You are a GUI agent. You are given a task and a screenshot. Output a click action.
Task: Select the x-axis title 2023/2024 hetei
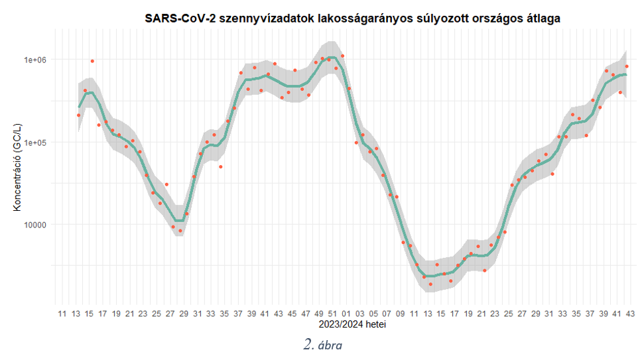352,325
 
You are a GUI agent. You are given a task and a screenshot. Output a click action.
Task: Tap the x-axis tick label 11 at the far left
62,314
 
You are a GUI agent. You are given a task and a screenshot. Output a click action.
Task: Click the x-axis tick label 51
332,314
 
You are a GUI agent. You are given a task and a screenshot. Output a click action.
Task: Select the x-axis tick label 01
346,314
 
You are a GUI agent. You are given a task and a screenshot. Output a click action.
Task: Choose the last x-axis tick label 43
628,314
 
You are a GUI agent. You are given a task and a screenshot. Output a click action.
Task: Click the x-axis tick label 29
184,314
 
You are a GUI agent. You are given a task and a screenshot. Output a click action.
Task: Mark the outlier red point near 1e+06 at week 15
92,61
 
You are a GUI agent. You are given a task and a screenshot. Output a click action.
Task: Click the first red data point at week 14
78,115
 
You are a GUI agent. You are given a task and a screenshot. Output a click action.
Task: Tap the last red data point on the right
627,67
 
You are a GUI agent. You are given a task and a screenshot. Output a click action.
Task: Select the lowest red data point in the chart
430,284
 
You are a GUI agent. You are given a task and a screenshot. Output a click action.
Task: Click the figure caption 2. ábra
323,345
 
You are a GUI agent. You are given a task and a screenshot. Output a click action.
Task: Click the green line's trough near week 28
179,221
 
